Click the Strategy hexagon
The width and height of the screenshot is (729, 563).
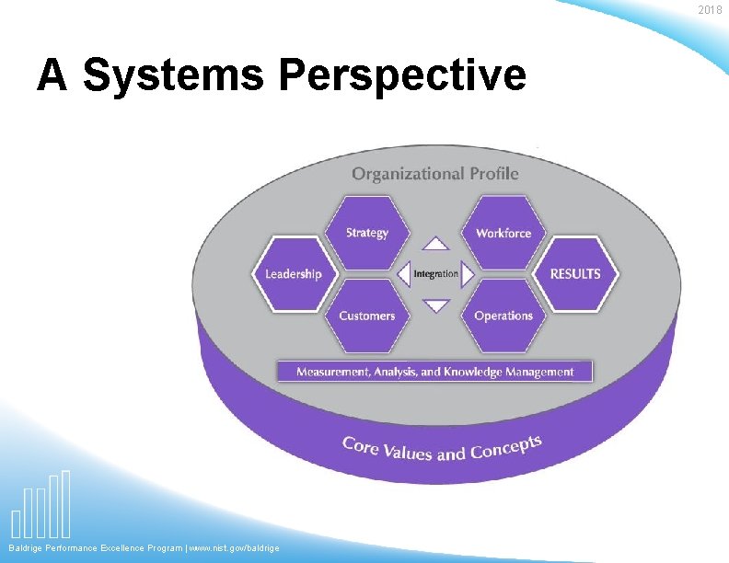pyautogui.click(x=367, y=233)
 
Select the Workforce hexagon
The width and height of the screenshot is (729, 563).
pyautogui.click(x=503, y=233)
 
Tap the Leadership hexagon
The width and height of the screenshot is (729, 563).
pyautogui.click(x=294, y=274)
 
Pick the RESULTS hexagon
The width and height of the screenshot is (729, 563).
pyautogui.click(x=575, y=273)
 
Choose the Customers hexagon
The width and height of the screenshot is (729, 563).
pyautogui.click(x=366, y=316)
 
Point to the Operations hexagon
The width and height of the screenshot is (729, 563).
pyautogui.click(x=503, y=316)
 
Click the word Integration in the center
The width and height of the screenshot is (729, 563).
pyautogui.click(x=435, y=274)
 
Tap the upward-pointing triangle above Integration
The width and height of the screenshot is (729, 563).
pyautogui.click(x=435, y=245)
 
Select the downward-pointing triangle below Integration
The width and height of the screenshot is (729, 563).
pyautogui.click(x=435, y=305)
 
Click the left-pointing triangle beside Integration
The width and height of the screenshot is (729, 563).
pyautogui.click(x=404, y=274)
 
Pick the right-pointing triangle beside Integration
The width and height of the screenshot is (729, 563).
pyautogui.click(x=468, y=274)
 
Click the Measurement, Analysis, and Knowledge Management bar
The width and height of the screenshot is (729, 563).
pyautogui.click(x=434, y=372)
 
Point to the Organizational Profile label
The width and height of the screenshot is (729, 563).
pyautogui.click(x=435, y=173)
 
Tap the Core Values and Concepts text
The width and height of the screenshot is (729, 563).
pyautogui.click(x=442, y=448)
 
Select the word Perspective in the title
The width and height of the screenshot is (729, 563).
pyautogui.click(x=403, y=75)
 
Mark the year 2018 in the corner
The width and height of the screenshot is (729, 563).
pyautogui.click(x=710, y=10)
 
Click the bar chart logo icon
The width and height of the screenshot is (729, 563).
pyautogui.click(x=40, y=506)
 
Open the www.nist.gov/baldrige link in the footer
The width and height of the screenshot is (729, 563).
pyautogui.click(x=234, y=548)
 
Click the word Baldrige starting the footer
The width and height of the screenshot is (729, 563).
pyautogui.click(x=27, y=548)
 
